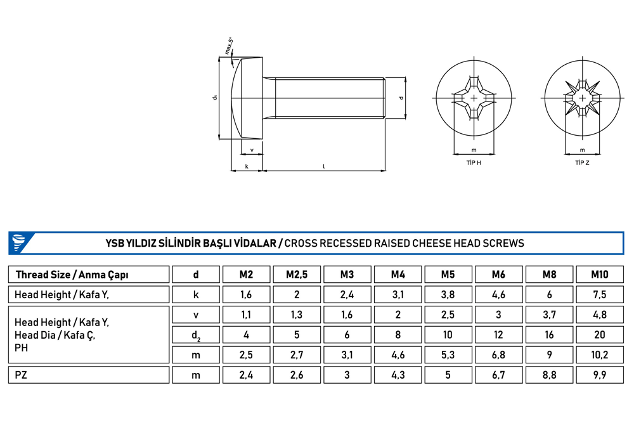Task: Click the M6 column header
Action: (498, 275)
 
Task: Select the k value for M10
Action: (600, 294)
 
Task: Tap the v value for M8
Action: (549, 315)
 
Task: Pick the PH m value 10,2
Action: (600, 355)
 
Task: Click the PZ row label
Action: (21, 375)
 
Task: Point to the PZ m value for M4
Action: (398, 375)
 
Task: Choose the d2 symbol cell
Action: (196, 335)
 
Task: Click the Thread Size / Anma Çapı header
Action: (72, 275)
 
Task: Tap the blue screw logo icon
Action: (18, 243)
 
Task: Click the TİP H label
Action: (474, 163)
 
